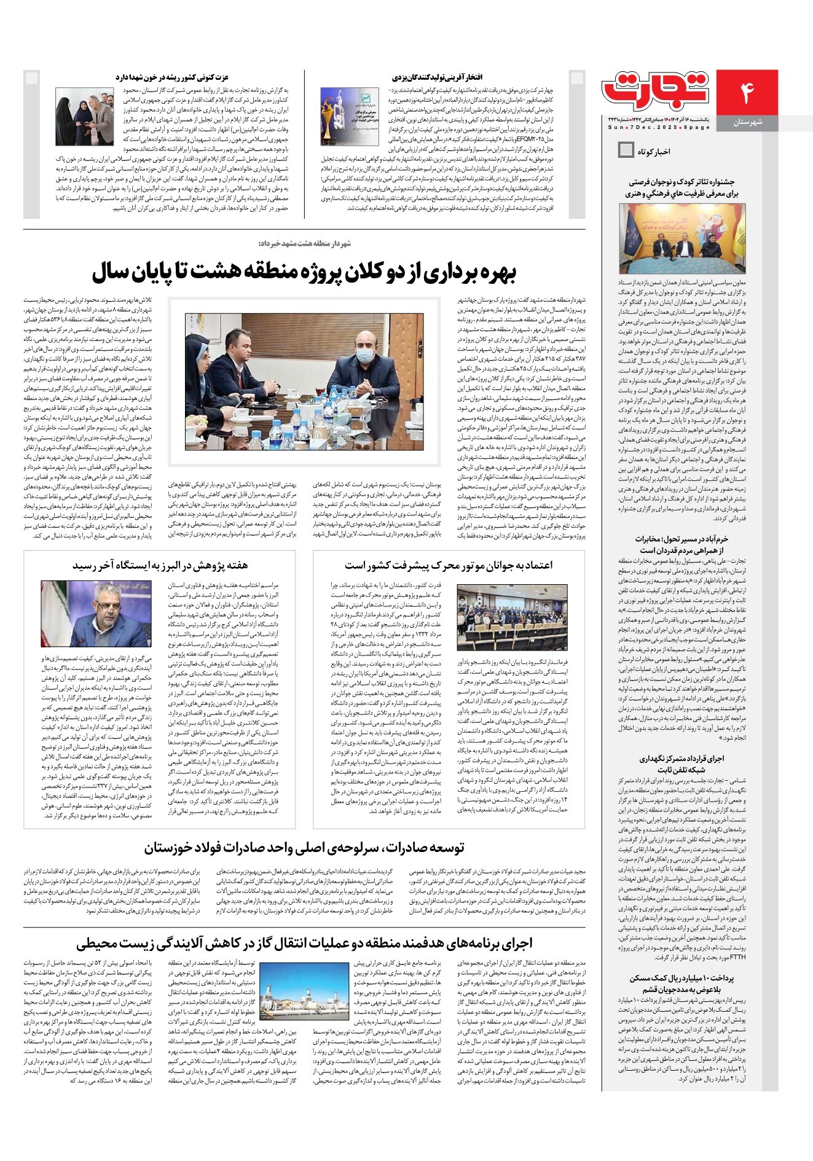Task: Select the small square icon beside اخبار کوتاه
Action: [626, 150]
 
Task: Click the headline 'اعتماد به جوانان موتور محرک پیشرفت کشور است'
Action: [449, 565]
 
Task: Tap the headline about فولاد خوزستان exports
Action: [304, 848]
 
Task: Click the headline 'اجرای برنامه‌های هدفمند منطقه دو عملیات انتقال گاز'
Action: [304, 942]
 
